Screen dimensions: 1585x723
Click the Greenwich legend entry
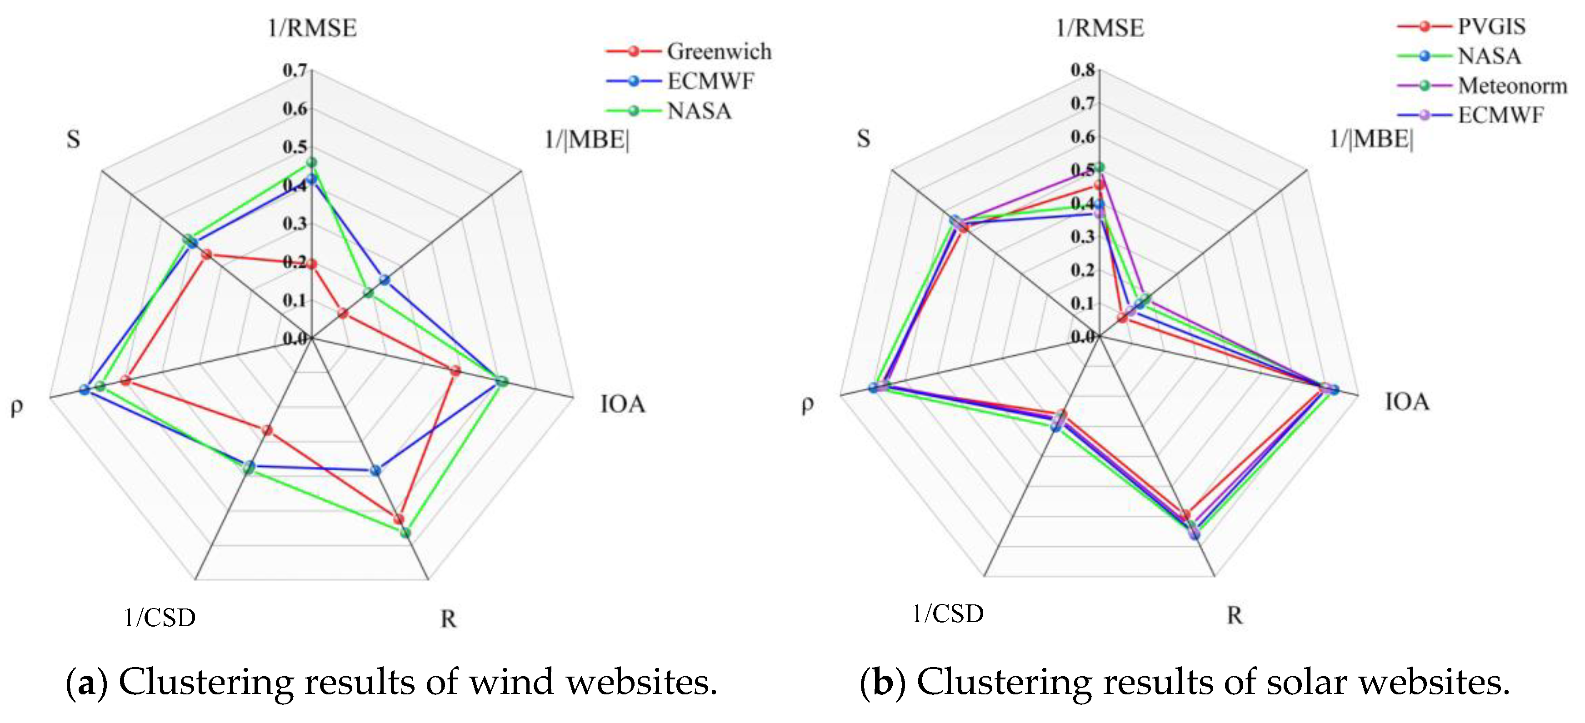[689, 51]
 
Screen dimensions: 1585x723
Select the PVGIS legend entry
[1461, 26]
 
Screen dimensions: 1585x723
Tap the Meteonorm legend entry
[1482, 85]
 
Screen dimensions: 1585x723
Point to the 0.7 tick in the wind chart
[295, 70]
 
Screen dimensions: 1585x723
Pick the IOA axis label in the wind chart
[623, 404]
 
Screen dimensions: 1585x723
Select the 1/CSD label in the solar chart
[948, 613]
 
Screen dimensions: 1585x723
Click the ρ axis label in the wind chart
[17, 406]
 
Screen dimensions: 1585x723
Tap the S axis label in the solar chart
[863, 139]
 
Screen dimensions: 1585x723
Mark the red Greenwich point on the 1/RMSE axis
[311, 264]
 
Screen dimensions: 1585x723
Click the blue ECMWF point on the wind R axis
[376, 471]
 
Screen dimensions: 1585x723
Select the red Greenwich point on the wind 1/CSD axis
[267, 430]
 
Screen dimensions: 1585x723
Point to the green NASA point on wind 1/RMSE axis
[311, 162]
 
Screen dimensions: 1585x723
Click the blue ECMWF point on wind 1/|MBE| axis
[385, 280]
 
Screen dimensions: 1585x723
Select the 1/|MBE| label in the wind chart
[587, 140]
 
